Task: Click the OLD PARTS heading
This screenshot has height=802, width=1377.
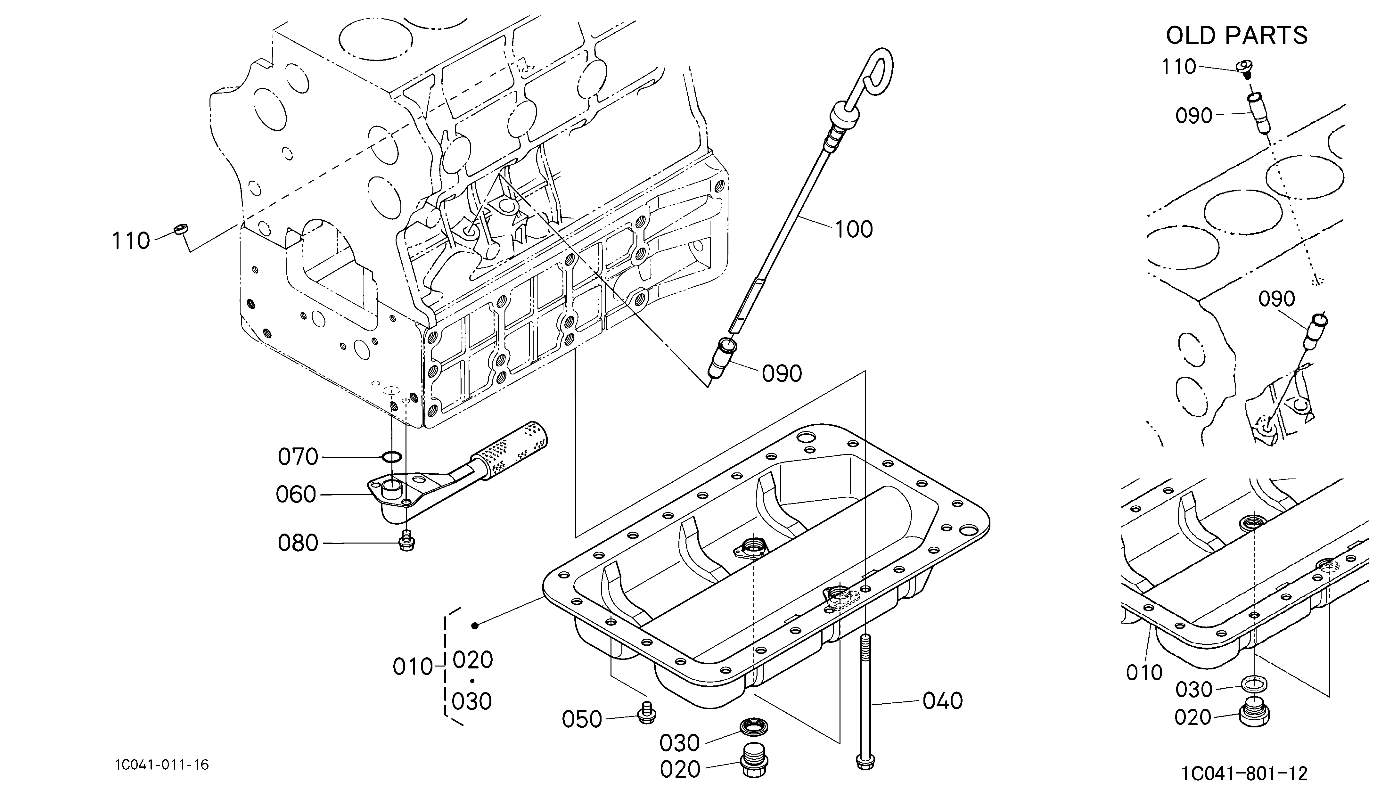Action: click(1237, 36)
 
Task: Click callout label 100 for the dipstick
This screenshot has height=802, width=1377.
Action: click(854, 229)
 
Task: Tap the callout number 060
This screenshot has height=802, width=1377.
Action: click(296, 495)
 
